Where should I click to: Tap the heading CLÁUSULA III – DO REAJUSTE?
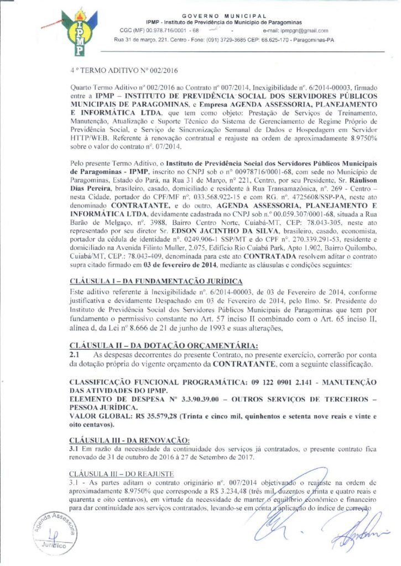(122, 474)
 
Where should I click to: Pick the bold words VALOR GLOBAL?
(93, 416)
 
